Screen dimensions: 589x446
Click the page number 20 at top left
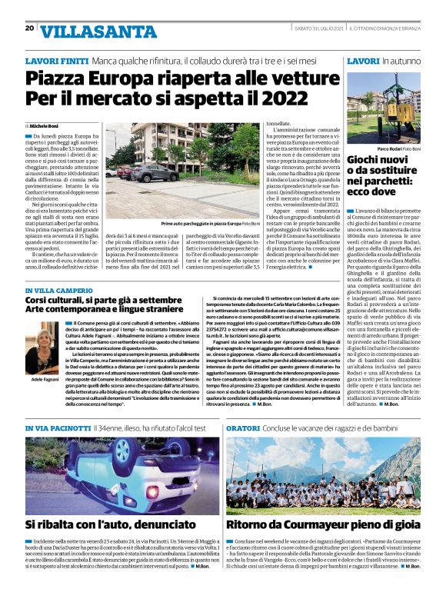[29, 28]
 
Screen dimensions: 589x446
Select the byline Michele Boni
[45, 124]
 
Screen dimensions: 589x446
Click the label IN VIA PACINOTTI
[58, 428]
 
